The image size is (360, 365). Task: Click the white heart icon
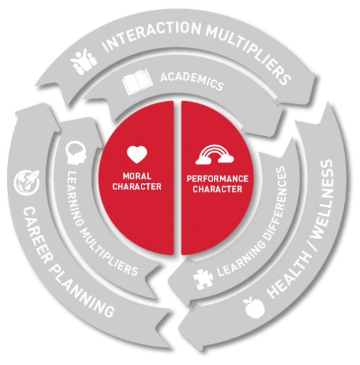click(x=137, y=155)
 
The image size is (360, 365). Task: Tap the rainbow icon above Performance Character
click(x=215, y=155)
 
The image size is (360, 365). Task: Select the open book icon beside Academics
click(x=138, y=82)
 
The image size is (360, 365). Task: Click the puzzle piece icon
click(x=203, y=279)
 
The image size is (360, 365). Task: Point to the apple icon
click(x=254, y=307)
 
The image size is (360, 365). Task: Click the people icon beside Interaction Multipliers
click(x=84, y=61)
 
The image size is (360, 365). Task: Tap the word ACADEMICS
click(x=192, y=81)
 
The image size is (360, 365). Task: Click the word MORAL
click(x=137, y=176)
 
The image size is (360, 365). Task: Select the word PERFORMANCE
click(x=217, y=179)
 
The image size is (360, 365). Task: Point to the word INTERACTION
click(x=151, y=36)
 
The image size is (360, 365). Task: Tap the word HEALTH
click(x=290, y=275)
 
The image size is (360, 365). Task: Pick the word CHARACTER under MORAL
click(x=137, y=187)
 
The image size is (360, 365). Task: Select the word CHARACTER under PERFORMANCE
click(x=217, y=189)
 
